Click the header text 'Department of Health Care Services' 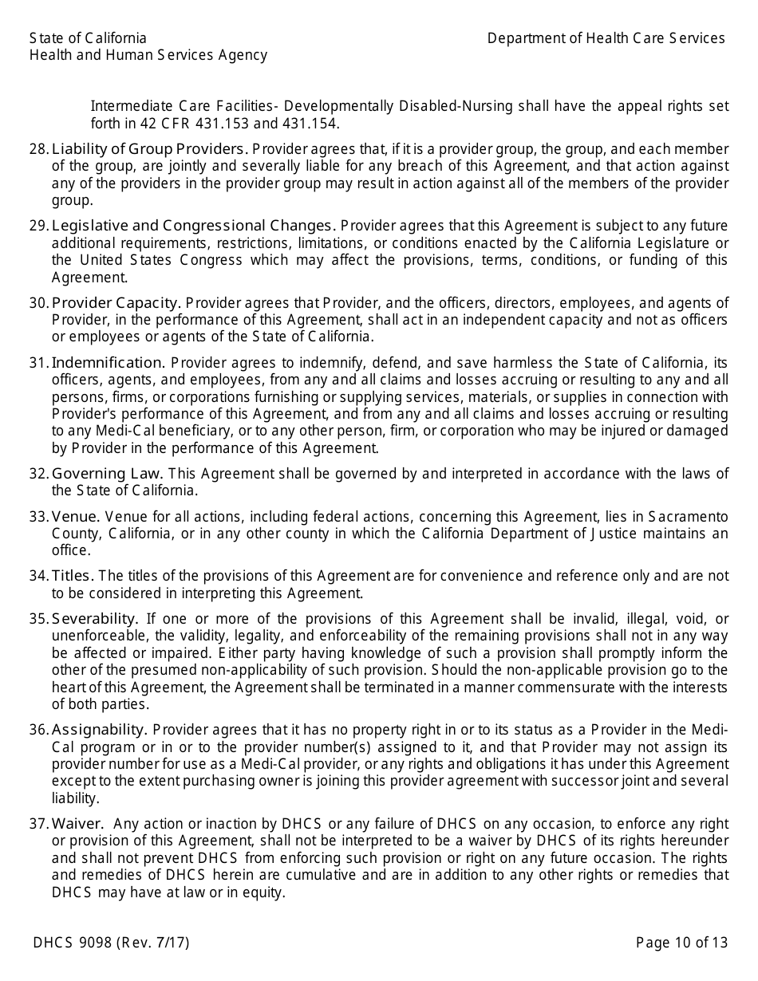click(606, 38)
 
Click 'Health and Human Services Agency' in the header click(148, 55)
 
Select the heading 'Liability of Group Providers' click(148, 149)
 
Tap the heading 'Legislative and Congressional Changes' click(192, 226)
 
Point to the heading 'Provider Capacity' click(116, 303)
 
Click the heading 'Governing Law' click(108, 474)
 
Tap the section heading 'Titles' click(73, 576)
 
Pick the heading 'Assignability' click(99, 729)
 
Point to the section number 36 click(39, 729)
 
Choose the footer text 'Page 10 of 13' click(681, 943)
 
